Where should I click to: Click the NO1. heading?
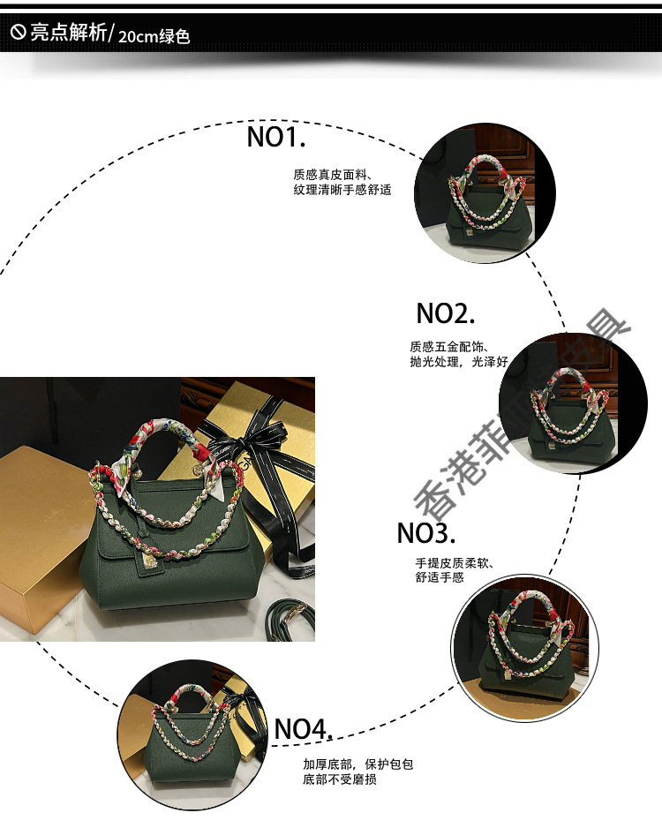(275, 137)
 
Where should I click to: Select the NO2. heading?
(445, 313)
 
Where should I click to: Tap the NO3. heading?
(425, 533)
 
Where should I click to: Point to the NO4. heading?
(303, 729)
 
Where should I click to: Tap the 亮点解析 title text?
(67, 34)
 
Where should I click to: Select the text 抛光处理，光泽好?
(459, 362)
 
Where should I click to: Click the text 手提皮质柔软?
(454, 562)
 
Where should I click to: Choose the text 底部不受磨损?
(340, 780)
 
